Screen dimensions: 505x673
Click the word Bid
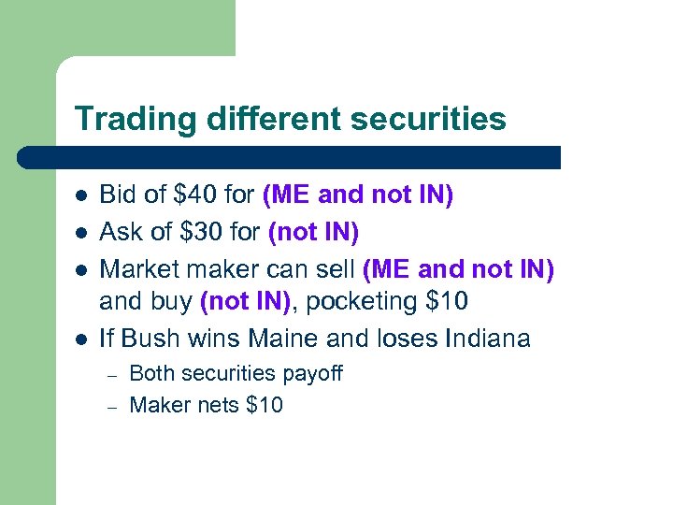tap(118, 195)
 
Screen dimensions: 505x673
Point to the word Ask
tap(121, 231)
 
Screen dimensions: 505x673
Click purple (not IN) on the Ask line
tap(313, 231)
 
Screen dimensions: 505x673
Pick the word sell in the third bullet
tap(335, 270)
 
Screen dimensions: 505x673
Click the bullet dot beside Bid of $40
tap(81, 196)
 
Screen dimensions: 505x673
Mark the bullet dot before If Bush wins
tap(81, 339)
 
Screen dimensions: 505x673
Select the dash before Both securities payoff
tap(109, 374)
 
